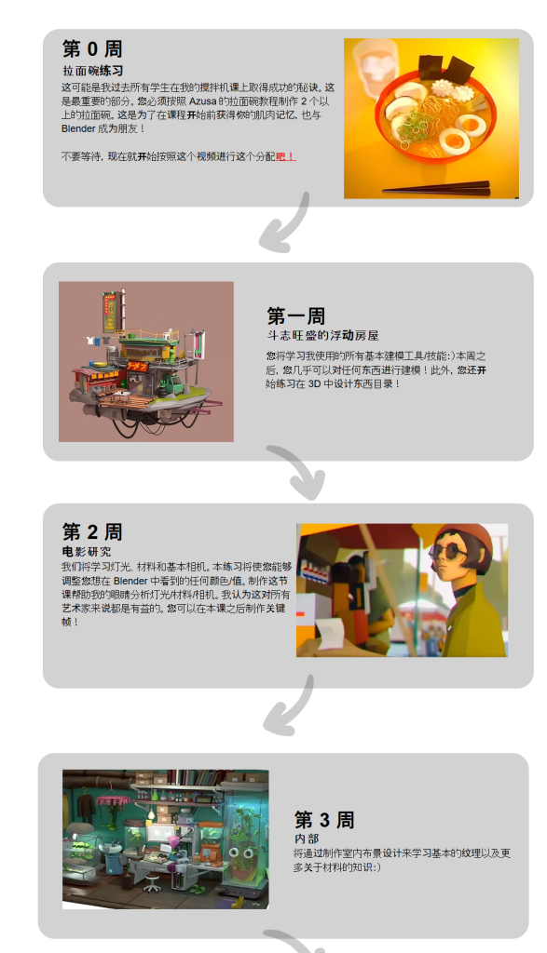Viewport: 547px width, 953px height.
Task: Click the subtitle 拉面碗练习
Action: coord(93,70)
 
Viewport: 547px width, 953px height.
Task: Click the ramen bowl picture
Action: coord(431,117)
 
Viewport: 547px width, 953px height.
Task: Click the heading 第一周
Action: coord(295,315)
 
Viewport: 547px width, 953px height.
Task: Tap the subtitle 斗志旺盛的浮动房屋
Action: coord(322,335)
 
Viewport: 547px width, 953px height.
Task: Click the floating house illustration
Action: coord(146,361)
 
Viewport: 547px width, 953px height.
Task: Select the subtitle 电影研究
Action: coord(86,552)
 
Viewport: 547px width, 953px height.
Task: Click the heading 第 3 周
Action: coord(324,820)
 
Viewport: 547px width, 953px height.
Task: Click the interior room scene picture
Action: coord(165,839)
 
